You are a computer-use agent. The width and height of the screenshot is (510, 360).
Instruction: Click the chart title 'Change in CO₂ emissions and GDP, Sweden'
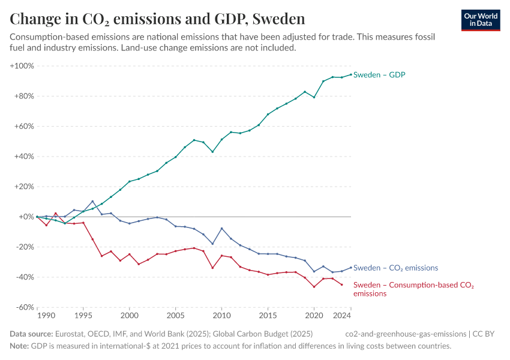click(x=157, y=19)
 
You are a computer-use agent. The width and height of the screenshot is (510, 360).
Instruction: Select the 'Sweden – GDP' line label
click(x=379, y=75)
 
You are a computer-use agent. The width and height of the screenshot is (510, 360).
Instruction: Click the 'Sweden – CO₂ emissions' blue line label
click(x=395, y=268)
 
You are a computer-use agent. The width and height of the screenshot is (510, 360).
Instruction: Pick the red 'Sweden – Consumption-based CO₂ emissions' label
click(x=413, y=289)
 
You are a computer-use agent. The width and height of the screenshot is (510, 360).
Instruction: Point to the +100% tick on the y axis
click(x=22, y=65)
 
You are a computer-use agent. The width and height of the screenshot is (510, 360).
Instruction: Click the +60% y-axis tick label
click(x=24, y=126)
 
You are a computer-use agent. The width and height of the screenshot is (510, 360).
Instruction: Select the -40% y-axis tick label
click(x=24, y=277)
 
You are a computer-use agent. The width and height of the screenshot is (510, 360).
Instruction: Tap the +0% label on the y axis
click(x=26, y=217)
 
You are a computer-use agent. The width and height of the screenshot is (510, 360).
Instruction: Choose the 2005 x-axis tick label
click(x=175, y=315)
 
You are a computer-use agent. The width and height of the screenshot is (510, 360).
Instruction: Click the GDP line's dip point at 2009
click(x=212, y=152)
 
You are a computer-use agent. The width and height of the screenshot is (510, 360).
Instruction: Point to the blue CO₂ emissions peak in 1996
click(x=92, y=202)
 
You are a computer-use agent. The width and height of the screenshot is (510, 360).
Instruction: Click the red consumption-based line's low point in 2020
click(x=314, y=287)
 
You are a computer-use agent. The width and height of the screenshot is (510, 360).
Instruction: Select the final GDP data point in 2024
click(x=351, y=74)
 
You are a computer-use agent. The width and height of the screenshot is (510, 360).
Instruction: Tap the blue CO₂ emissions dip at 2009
click(x=212, y=244)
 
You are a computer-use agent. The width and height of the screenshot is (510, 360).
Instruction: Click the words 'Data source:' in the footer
click(x=31, y=334)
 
